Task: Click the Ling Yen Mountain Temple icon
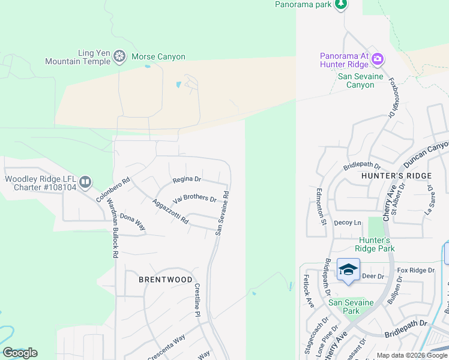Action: point(119,57)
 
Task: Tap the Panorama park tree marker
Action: point(341,5)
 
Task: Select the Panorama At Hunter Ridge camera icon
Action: point(378,59)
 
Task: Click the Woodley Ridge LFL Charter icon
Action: point(85,181)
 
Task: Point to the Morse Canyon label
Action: point(158,57)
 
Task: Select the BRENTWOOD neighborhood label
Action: point(166,280)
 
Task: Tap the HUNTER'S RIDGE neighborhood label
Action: point(396,175)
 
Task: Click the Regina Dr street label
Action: point(187,179)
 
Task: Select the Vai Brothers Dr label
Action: point(194,198)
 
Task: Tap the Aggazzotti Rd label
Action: point(170,212)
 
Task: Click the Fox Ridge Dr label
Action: point(415,271)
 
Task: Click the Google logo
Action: point(20,353)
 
